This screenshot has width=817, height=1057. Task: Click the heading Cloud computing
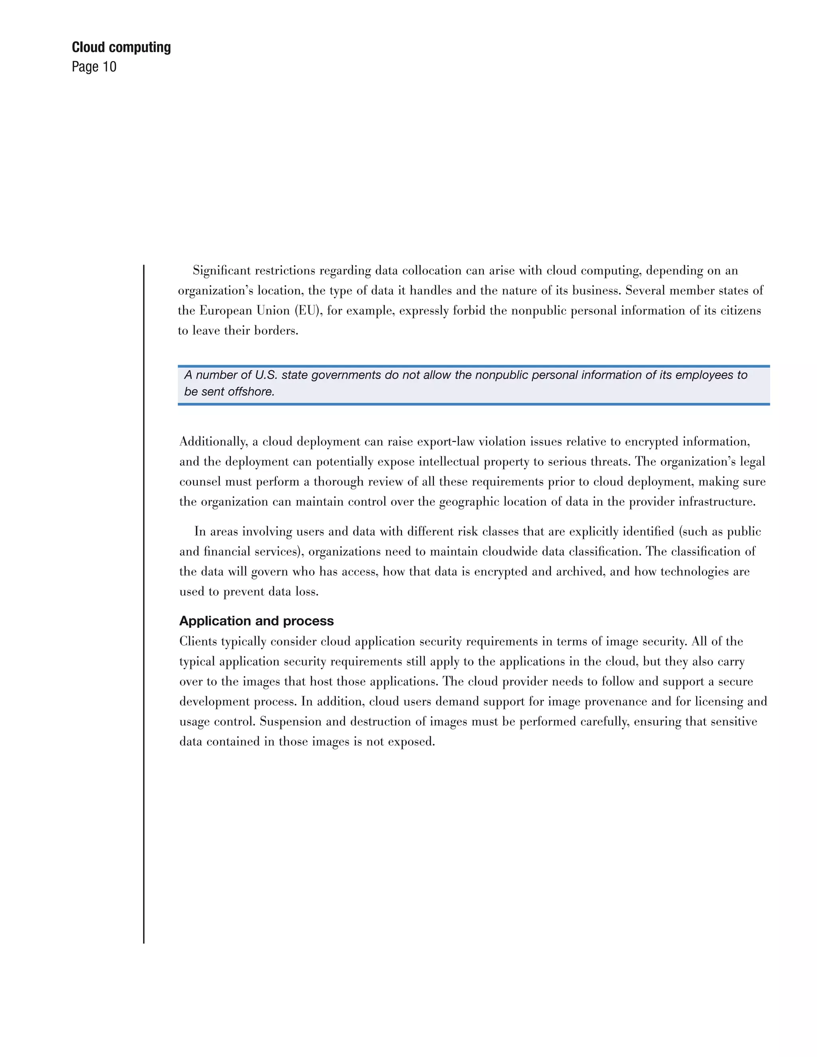click(x=121, y=47)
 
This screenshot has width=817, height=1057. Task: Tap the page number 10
click(x=109, y=67)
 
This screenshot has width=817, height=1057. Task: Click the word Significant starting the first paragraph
click(x=220, y=270)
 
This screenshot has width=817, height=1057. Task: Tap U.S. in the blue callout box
click(x=266, y=375)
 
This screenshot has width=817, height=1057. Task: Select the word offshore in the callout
click(x=250, y=392)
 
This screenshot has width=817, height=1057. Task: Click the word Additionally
click(x=214, y=442)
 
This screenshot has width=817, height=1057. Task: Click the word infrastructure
click(x=716, y=502)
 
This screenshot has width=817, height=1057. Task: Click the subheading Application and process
click(x=257, y=621)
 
